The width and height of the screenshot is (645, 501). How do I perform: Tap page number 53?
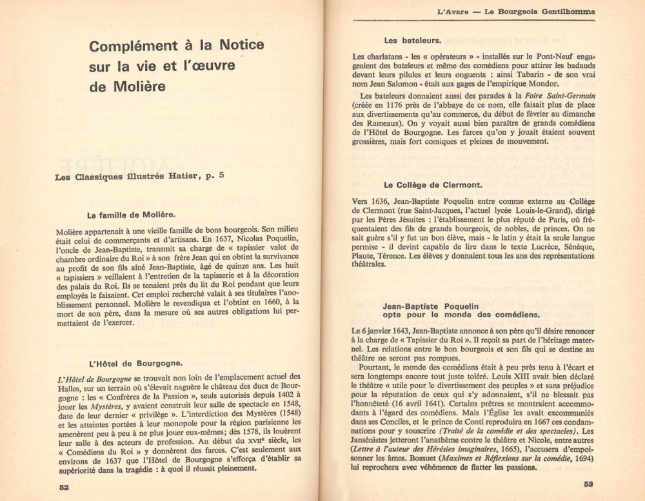click(588, 485)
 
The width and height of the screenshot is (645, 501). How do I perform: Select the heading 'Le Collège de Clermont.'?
click(432, 185)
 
